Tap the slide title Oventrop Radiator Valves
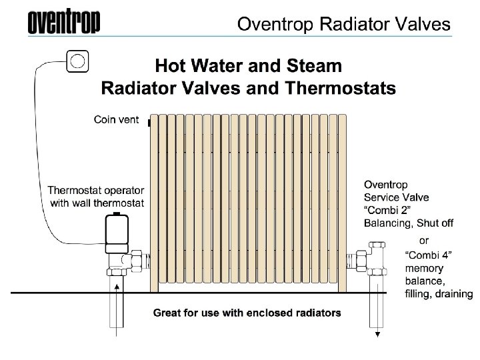343,25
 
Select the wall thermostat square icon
78,62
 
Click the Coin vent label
116,120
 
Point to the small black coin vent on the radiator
149,123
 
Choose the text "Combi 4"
429,254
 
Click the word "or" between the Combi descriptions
423,239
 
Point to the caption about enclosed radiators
247,312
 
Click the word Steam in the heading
311,66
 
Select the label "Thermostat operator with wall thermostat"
95,197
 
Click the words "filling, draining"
439,294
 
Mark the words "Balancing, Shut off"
408,223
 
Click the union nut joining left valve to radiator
138,260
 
